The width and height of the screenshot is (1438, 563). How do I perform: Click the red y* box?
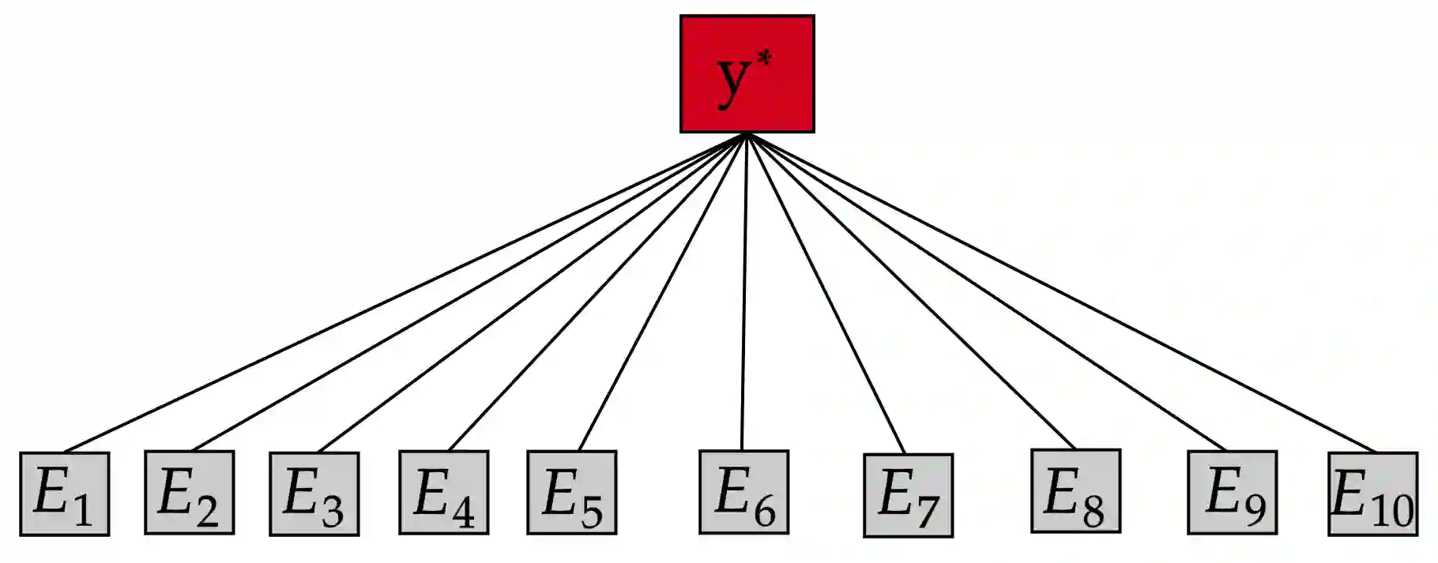click(747, 73)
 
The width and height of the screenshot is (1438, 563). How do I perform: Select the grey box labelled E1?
click(64, 494)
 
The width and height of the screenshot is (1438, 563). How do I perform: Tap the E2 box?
click(189, 492)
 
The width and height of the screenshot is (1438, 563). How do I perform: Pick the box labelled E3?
click(314, 494)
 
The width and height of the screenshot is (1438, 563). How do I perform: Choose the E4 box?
click(443, 492)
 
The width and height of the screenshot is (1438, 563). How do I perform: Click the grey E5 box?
click(571, 492)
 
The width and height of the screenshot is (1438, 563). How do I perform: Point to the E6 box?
click(743, 492)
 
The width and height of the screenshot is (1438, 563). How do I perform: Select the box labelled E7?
click(908, 495)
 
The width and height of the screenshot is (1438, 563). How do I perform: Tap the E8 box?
click(1075, 490)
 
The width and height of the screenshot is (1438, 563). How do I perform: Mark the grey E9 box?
click(1232, 492)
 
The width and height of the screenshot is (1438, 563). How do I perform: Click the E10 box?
click(1372, 494)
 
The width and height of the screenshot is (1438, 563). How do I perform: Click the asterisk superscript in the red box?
click(764, 58)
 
